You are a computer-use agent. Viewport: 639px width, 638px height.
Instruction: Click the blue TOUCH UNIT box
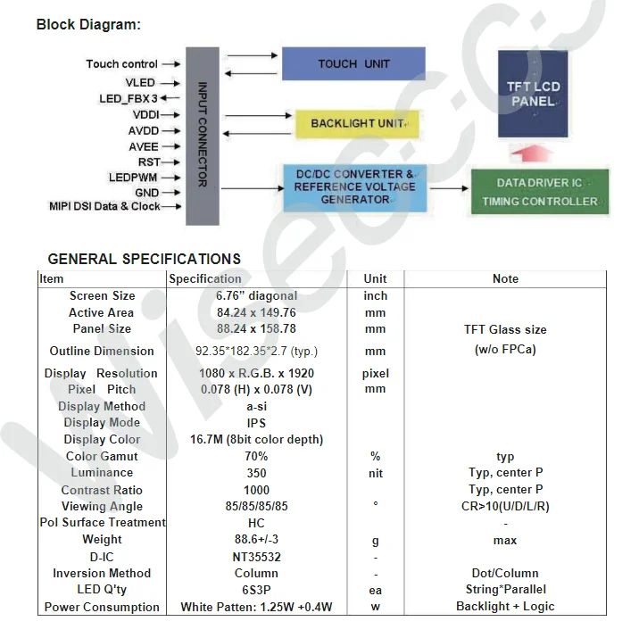[x=353, y=64]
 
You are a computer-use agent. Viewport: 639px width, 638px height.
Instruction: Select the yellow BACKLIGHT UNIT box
[x=356, y=123]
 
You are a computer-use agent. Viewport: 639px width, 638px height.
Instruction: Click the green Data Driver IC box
[x=539, y=192]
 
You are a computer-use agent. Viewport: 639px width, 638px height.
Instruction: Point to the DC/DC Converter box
[x=354, y=186]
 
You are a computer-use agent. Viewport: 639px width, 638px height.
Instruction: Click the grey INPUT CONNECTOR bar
[x=202, y=135]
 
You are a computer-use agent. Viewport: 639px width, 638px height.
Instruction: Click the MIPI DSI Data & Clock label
[x=104, y=206]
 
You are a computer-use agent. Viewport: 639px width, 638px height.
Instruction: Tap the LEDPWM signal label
[x=133, y=178]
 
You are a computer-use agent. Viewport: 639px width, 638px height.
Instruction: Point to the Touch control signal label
[x=121, y=64]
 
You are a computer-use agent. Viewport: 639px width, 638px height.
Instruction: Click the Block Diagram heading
[x=88, y=25]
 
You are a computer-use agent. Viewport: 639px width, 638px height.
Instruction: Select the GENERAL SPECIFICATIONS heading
[x=144, y=260]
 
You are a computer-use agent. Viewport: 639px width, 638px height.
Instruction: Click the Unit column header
[x=376, y=278]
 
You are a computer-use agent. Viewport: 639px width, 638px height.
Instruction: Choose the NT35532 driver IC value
[x=256, y=557]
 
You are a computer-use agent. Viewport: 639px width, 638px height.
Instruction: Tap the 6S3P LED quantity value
[x=256, y=590]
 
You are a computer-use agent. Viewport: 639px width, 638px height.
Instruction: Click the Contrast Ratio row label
[x=102, y=490]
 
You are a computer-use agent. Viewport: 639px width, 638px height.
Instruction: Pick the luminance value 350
[x=256, y=473]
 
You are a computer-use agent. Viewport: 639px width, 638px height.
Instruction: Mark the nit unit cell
[x=376, y=474]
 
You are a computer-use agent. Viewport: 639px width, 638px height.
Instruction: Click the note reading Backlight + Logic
[x=505, y=607]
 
